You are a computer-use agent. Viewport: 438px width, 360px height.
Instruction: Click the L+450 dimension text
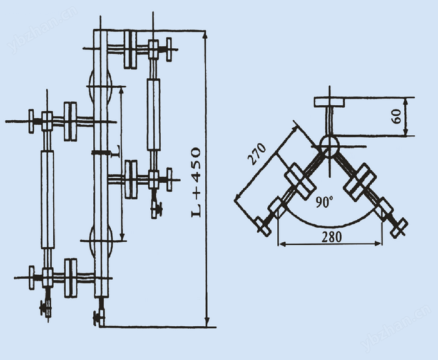(x=196, y=182)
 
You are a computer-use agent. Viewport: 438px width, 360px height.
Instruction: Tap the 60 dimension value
(x=396, y=116)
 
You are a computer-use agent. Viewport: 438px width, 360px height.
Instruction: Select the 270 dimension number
(x=257, y=154)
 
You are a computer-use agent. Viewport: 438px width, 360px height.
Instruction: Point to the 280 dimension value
(x=332, y=237)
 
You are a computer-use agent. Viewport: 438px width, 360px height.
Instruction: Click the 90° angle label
(x=324, y=202)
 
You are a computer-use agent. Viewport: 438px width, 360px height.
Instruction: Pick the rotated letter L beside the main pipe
(x=116, y=152)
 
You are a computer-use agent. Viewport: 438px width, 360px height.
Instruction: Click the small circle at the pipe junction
(x=330, y=145)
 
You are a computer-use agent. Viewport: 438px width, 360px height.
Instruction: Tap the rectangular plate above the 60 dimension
(x=329, y=101)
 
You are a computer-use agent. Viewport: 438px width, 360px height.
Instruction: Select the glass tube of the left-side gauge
(x=48, y=199)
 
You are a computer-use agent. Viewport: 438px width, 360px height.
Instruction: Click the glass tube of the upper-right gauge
(x=154, y=115)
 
